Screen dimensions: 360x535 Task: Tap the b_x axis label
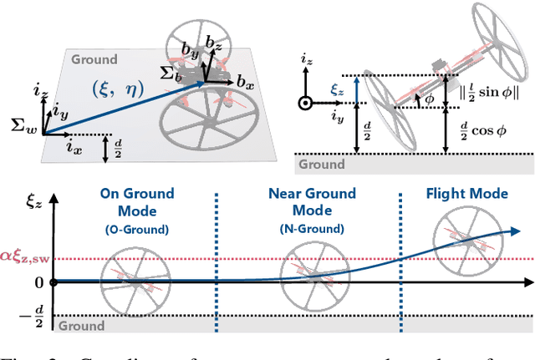click(x=247, y=84)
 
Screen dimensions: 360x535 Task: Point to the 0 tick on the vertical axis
click(x=37, y=283)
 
